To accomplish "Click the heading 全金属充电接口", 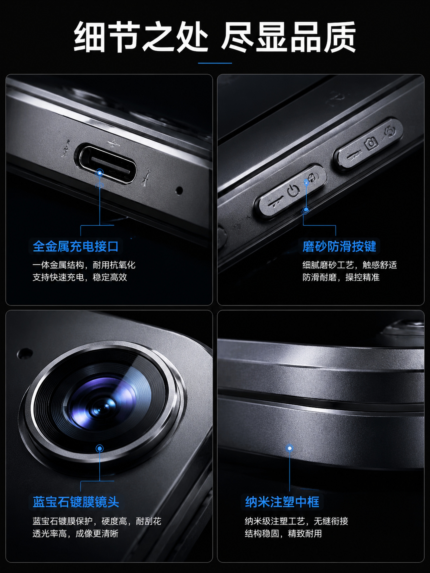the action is click(76, 246).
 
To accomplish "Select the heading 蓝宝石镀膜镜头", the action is click(76, 502).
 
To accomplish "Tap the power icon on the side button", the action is click(293, 191).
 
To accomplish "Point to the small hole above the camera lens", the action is click(24, 353).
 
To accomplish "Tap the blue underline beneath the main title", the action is click(215, 63).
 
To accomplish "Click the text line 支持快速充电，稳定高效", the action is click(80, 277).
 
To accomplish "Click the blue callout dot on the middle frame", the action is click(289, 448).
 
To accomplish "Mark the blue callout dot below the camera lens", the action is click(100, 448).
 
